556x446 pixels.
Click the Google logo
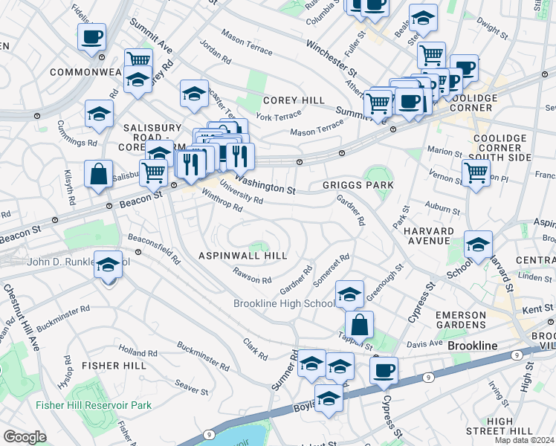click(x=25, y=437)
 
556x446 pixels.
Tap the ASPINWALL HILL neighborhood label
click(x=242, y=256)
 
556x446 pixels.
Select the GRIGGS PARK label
click(x=358, y=184)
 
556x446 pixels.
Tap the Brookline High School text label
click(x=283, y=303)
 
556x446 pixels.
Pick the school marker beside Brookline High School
click(x=349, y=295)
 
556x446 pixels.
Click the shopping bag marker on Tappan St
click(x=359, y=326)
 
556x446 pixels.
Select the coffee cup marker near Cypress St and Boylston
click(x=384, y=371)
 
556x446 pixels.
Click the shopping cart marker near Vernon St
click(x=476, y=174)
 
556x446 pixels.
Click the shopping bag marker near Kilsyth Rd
click(x=98, y=175)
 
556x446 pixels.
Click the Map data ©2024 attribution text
click(x=524, y=439)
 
